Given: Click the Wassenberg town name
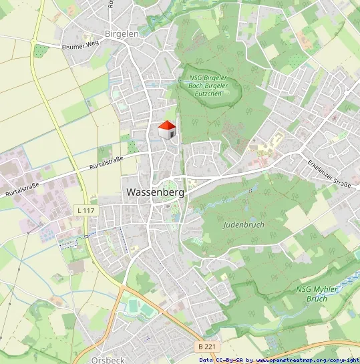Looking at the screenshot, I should coord(156,192).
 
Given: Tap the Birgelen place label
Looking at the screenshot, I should coord(121,33).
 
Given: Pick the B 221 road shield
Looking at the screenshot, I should coord(208,347).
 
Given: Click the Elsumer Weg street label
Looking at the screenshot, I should coord(79,46).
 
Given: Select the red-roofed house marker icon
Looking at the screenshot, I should coord(166,130).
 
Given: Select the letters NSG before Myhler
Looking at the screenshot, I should coord(304,289).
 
